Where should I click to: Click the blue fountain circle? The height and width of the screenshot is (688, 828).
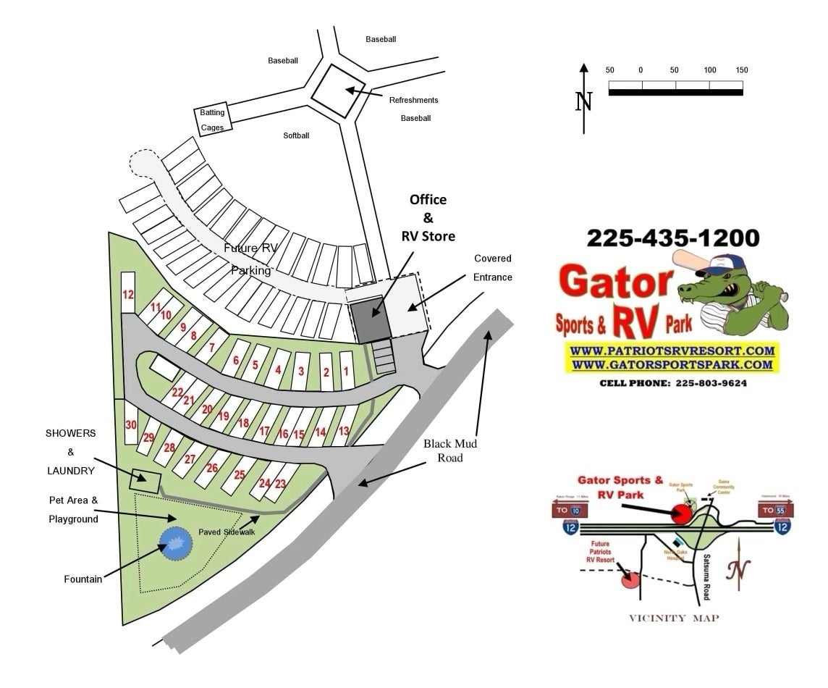click(176, 544)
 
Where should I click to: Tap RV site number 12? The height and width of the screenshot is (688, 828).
click(129, 294)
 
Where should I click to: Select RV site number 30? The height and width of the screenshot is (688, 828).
click(131, 425)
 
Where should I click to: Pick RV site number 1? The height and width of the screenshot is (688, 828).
click(346, 372)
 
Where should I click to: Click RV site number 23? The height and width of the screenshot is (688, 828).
click(280, 484)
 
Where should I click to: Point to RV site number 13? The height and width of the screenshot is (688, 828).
click(344, 431)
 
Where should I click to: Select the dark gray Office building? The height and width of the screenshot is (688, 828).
click(371, 319)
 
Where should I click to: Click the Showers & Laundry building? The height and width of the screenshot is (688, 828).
click(145, 480)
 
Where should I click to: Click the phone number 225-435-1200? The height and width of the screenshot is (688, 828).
click(672, 238)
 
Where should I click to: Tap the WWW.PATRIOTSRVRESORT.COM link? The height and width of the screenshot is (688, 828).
click(672, 351)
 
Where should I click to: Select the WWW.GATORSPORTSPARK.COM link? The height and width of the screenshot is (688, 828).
click(672, 365)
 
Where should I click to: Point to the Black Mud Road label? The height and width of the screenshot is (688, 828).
click(450, 450)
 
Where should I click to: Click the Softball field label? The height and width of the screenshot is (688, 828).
click(296, 135)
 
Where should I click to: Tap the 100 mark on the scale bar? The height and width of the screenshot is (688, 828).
click(710, 70)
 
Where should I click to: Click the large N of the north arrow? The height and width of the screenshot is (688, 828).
click(584, 101)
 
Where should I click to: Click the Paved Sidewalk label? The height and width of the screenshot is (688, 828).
click(227, 532)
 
